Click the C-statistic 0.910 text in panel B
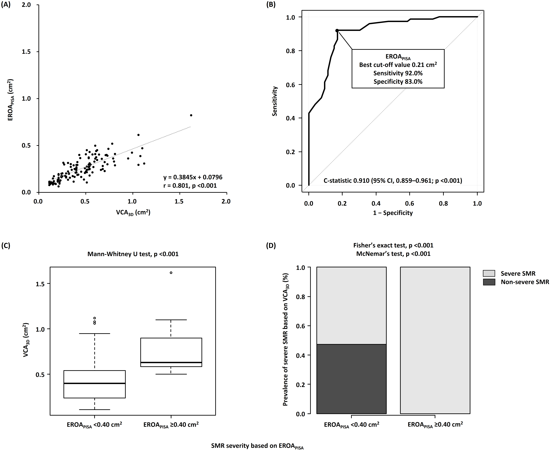[392, 181]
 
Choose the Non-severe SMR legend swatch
[489, 282]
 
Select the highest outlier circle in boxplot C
[171, 273]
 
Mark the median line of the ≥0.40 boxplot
[171, 362]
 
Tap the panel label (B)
[271, 5]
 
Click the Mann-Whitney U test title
[133, 254]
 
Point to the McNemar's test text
[393, 254]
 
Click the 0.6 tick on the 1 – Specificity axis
[410, 204]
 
